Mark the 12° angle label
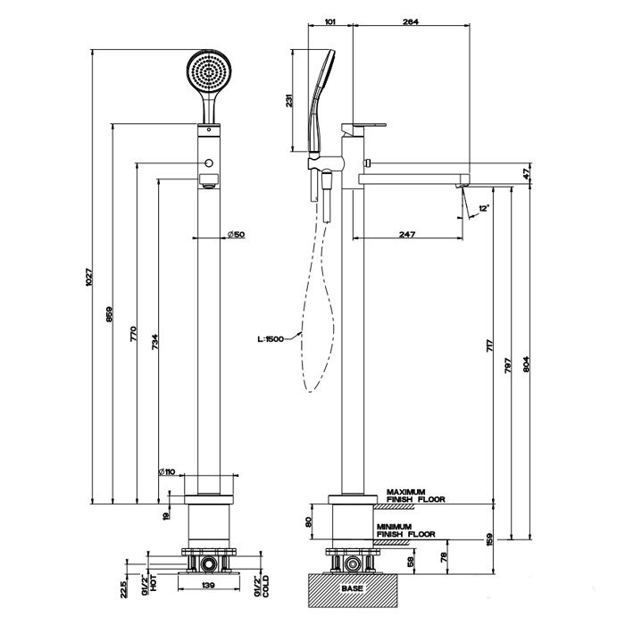483,207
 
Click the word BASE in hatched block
352,589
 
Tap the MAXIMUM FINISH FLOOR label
416,496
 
